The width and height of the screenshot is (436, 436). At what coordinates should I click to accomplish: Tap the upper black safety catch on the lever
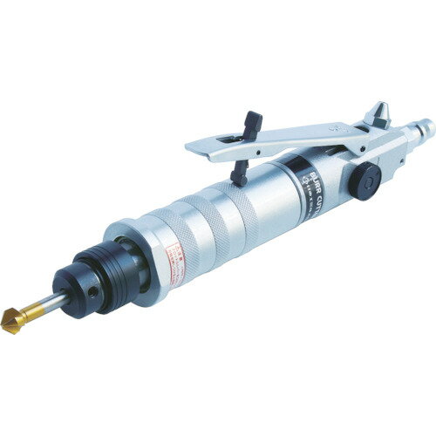pos(254,123)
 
